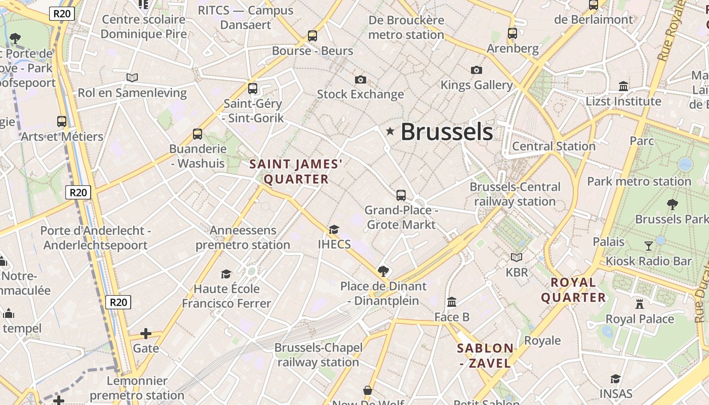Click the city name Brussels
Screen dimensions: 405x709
[x=446, y=132]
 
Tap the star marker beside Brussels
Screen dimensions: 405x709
[x=390, y=132]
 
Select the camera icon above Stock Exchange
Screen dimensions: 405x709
[x=361, y=79]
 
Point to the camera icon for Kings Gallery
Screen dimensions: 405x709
[x=476, y=70]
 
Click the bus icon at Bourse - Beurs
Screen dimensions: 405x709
[x=312, y=36]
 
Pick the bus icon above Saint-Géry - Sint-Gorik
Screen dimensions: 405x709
[x=253, y=89]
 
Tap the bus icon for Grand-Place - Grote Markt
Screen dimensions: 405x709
[x=401, y=195]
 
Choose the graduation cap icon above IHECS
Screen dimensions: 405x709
[x=334, y=229]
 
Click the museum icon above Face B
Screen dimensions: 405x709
[x=452, y=302]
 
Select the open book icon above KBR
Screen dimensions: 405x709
[x=517, y=257]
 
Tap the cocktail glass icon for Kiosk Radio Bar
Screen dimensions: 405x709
[x=649, y=246]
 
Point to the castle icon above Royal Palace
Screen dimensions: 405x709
[x=640, y=304]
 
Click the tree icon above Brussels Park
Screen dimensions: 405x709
[x=673, y=204]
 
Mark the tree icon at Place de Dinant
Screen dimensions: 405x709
[x=383, y=271]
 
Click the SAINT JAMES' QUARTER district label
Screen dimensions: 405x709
[x=296, y=172]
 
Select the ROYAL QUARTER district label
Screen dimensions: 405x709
[x=573, y=290]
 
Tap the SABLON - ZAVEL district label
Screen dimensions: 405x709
[x=485, y=355]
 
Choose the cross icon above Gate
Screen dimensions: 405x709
[x=146, y=333]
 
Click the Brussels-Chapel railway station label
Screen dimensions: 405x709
[x=319, y=355]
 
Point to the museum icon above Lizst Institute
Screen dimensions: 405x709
[x=623, y=86]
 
